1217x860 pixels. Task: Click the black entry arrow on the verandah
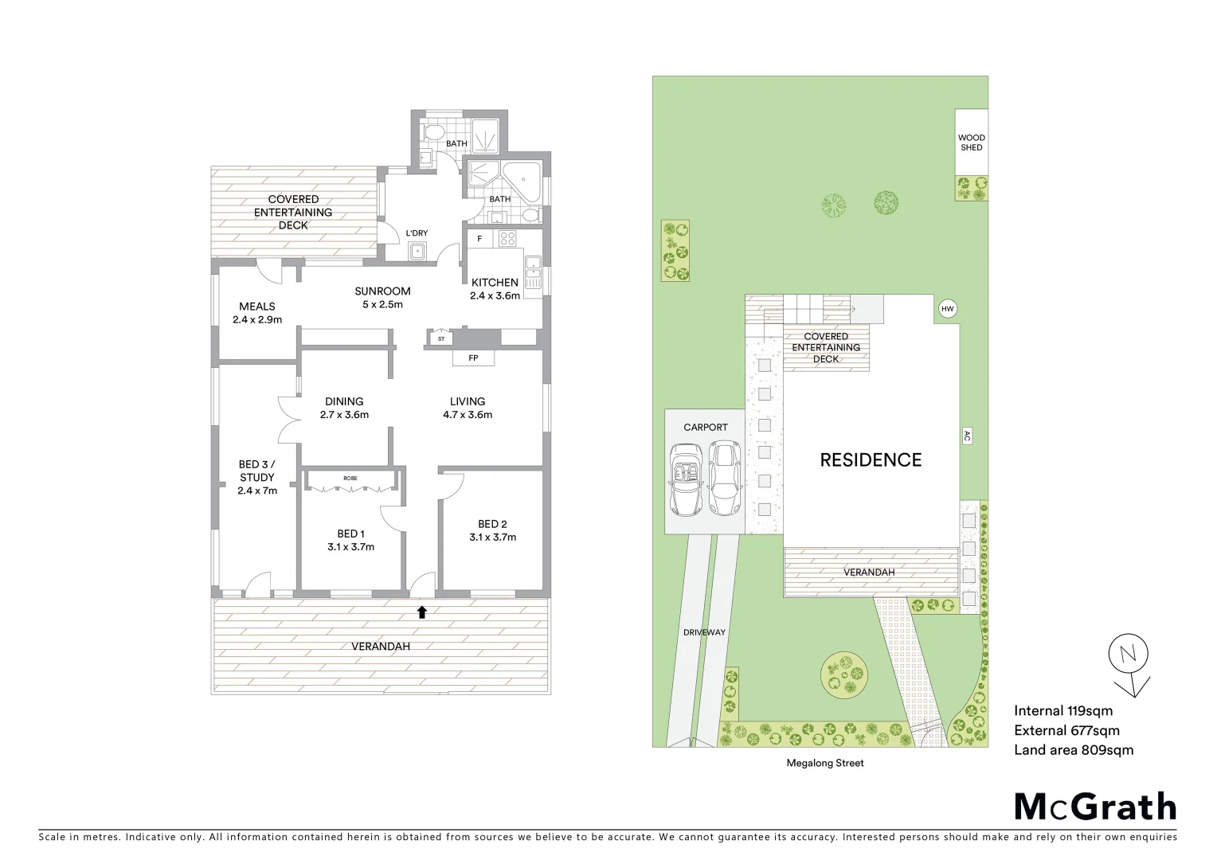pos(422,612)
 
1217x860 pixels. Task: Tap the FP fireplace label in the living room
pos(473,358)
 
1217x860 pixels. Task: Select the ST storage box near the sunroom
pos(441,338)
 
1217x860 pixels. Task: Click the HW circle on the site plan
pos(947,309)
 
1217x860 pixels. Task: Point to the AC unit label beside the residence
pos(967,436)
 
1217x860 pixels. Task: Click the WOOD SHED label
pos(971,143)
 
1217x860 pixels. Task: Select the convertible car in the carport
pos(685,479)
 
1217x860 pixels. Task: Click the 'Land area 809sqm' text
pos(1073,749)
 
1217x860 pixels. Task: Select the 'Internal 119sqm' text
pos(1063,711)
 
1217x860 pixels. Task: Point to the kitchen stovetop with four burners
pos(507,238)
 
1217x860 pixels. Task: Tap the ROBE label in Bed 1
pos(350,478)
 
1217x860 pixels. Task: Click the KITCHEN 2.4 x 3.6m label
pos(495,288)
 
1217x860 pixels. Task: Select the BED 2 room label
pos(492,530)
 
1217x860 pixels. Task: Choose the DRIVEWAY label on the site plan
pos(704,632)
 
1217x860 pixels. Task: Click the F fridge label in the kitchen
pos(479,239)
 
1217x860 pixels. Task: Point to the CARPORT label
pos(705,428)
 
